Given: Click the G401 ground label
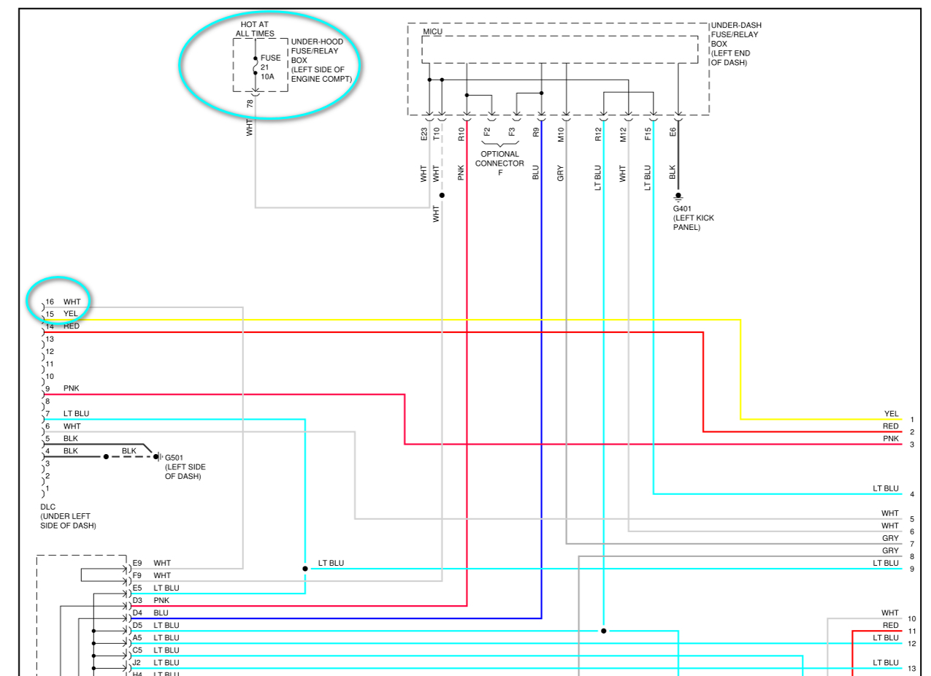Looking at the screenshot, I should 683,208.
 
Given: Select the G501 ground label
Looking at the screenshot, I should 175,458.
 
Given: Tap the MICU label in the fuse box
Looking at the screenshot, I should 432,31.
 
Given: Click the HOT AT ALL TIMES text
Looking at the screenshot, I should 255,29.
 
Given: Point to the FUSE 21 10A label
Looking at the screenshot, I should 270,66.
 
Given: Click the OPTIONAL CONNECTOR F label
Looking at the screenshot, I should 499,164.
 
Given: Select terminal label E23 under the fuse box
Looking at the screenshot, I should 424,134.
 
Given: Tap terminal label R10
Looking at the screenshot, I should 461,134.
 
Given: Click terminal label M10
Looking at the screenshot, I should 561,134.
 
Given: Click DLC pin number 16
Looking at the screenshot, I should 50,301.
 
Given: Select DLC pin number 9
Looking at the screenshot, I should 48,388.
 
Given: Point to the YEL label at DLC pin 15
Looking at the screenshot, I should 70,314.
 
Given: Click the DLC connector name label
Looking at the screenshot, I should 48,507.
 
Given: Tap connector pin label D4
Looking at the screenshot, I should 137,612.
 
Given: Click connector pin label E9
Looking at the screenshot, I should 137,563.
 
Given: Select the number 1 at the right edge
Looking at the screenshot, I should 912,420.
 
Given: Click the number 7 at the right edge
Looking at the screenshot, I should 912,544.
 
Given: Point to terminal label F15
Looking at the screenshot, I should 648,134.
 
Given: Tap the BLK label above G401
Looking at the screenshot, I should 673,172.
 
